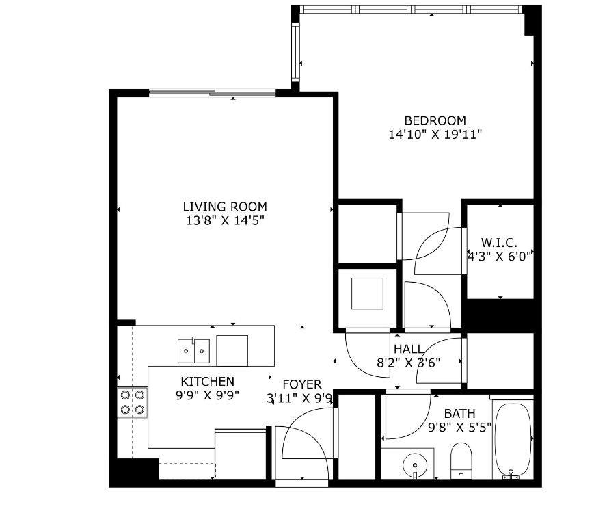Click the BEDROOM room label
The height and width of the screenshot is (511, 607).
coord(435,120)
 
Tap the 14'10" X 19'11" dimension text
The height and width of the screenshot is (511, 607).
coord(435,135)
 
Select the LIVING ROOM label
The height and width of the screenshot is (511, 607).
coord(225,207)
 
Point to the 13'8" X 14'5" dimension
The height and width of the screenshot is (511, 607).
coord(225,220)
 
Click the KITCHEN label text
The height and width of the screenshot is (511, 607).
coord(207,381)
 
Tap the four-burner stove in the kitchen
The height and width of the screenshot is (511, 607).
coord(133,402)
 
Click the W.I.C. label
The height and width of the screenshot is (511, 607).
coord(498,243)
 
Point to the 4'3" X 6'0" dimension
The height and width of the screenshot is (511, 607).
coord(499,257)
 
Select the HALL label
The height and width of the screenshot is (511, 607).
coord(408,349)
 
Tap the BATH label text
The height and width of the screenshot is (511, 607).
coord(459,413)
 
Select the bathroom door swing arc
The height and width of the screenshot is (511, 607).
coord(407,417)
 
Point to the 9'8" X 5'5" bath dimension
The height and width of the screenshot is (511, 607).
coord(459,428)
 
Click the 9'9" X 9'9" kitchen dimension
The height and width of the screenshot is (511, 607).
coord(207,395)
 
